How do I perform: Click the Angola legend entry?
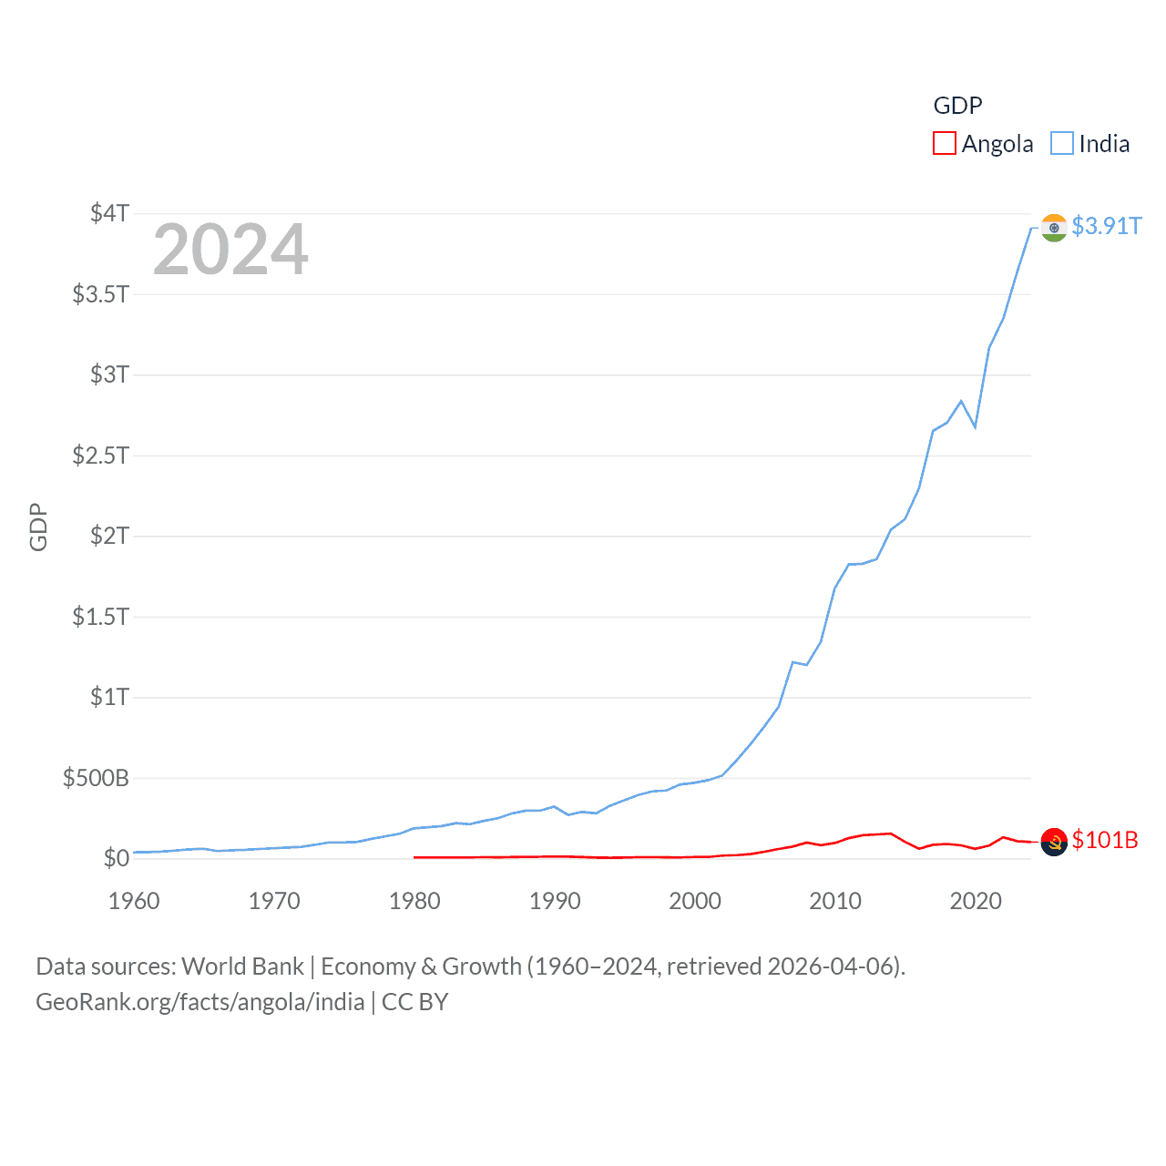(984, 144)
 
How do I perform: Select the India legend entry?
(1090, 144)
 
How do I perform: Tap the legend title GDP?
(957, 106)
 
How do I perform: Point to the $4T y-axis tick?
(109, 213)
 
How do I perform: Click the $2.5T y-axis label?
(100, 455)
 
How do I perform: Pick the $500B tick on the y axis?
(96, 778)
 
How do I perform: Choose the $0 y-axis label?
(116, 858)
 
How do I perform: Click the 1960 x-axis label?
(134, 901)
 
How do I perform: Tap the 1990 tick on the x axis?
(555, 901)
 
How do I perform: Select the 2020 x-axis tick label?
(976, 901)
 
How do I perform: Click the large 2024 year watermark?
(230, 250)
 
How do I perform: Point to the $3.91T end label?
(1106, 226)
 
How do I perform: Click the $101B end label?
(1105, 840)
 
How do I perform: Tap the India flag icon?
(1054, 228)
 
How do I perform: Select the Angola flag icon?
(1054, 843)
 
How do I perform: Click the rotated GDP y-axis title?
(38, 527)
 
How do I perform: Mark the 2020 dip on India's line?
(976, 426)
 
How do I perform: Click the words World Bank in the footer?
(243, 967)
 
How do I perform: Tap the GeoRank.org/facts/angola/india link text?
(200, 1002)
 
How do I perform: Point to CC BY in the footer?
(415, 1002)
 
